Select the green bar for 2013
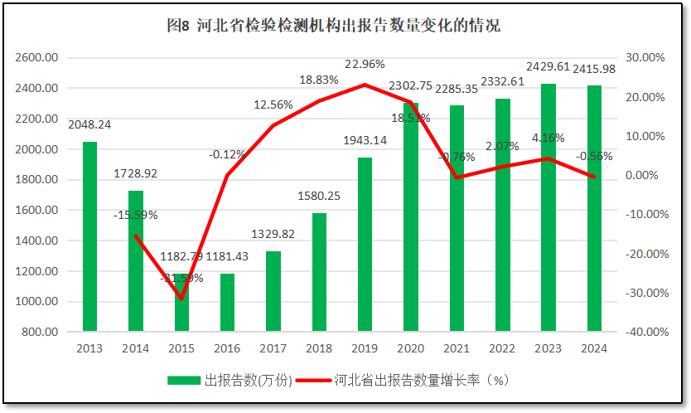89,236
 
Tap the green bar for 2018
319,272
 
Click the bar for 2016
227,302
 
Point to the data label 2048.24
89,125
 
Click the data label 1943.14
365,140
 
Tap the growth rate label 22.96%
365,65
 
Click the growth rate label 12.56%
273,104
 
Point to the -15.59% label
135,215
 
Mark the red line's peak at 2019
365,85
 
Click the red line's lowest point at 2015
181,299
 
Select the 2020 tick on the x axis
411,348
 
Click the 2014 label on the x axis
135,348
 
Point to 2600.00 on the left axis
37,58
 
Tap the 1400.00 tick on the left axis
37,241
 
